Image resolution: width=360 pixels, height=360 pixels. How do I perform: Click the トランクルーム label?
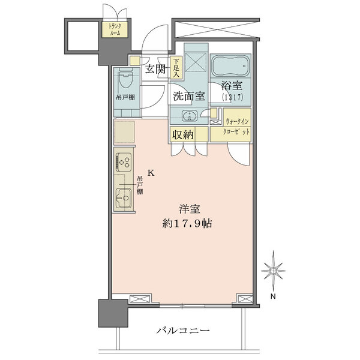click(x=115, y=29)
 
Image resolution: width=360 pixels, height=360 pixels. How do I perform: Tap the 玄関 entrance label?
click(x=155, y=69)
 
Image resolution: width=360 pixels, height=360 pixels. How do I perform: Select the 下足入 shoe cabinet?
click(x=176, y=68)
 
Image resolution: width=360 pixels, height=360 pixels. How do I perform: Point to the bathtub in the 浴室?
click(x=230, y=66)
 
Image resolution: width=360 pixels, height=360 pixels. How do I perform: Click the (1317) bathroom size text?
click(x=232, y=97)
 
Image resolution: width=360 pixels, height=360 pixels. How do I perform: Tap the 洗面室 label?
click(x=189, y=96)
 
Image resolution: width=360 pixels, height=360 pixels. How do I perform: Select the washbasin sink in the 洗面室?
click(x=190, y=115)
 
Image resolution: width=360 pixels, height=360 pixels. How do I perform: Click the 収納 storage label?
click(x=183, y=135)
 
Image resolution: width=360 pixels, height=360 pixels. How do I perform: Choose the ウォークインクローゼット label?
click(x=236, y=126)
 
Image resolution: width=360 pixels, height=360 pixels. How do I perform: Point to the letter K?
click(x=151, y=173)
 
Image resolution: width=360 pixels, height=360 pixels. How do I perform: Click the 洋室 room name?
click(x=190, y=209)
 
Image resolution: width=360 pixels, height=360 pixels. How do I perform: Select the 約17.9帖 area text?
click(x=187, y=223)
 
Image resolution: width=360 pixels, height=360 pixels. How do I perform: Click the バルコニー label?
click(x=183, y=331)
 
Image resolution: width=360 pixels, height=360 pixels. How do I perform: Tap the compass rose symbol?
click(x=273, y=271)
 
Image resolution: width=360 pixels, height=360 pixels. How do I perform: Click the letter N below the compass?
click(x=273, y=296)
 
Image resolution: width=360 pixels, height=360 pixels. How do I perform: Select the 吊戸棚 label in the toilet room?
click(x=125, y=97)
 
